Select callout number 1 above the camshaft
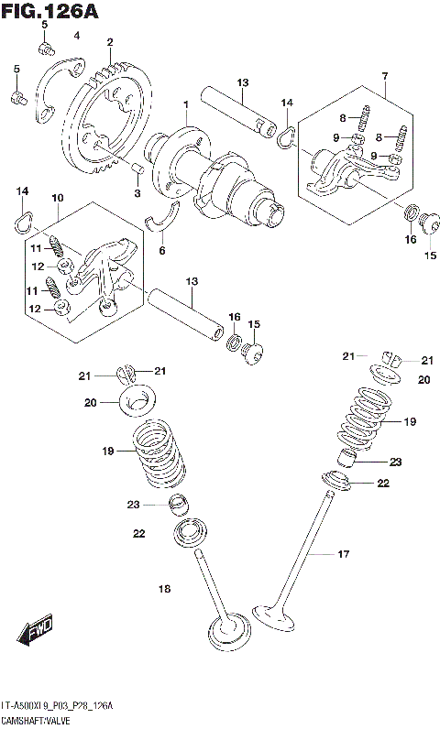[x=185, y=106]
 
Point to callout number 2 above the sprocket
[x=109, y=42]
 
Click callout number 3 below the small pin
[x=138, y=193]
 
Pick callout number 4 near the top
[x=77, y=36]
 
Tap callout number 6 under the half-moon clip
[x=162, y=249]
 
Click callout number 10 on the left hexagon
[x=57, y=198]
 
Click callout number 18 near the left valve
[x=165, y=589]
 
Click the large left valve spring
[x=160, y=453]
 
